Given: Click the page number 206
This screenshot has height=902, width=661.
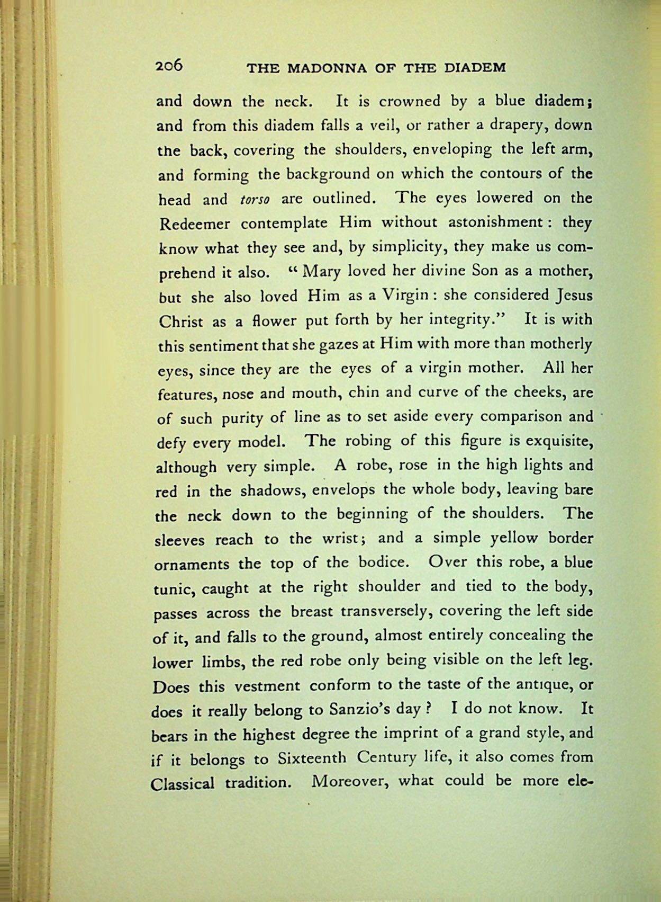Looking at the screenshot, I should coord(169,65).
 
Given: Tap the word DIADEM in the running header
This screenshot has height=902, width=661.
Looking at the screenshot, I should coord(475,68).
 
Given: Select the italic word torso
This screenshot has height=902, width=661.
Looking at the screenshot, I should coord(255,200).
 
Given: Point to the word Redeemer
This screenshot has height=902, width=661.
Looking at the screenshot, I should coord(194,224).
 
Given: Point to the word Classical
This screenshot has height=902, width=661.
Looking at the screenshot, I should coord(183,783).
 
